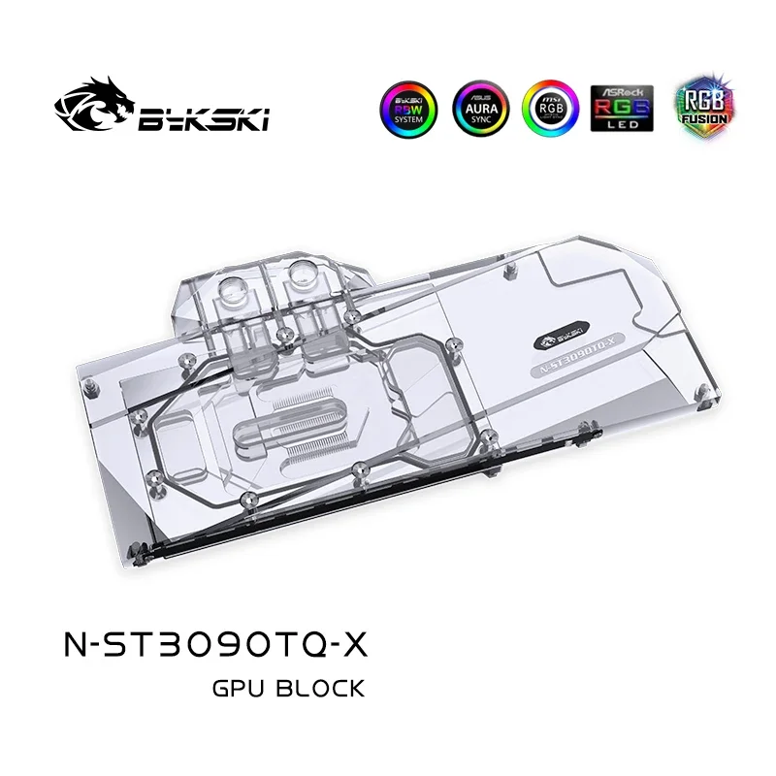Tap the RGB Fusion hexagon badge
coord(686,108)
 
